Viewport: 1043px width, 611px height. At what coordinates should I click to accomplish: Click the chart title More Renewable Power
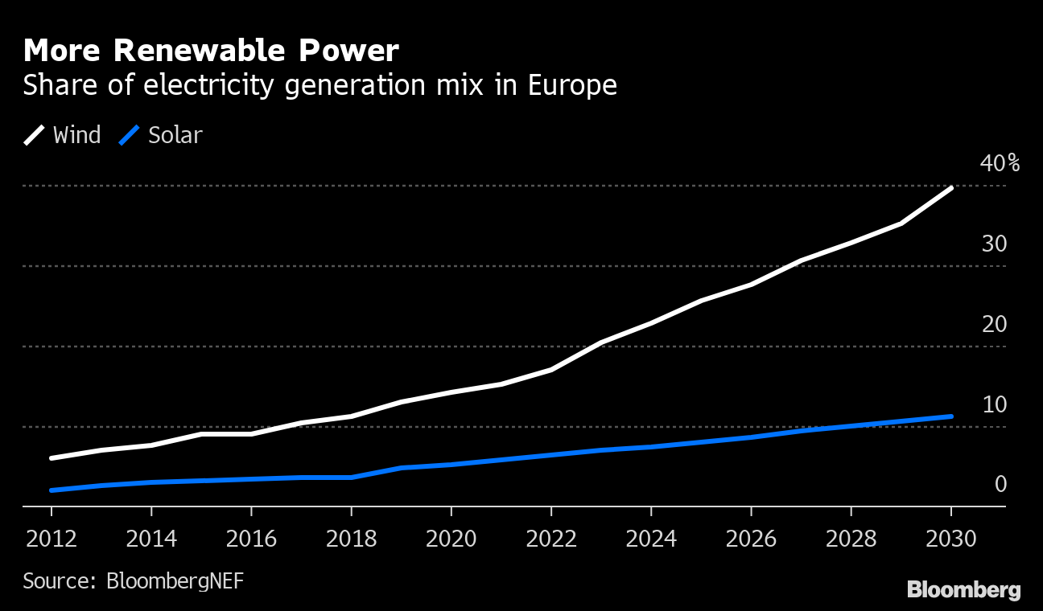point(211,51)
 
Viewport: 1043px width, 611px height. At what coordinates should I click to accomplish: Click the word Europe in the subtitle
point(572,85)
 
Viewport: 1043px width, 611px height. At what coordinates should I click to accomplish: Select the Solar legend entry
point(160,135)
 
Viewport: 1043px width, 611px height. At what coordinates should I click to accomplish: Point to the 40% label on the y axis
point(1000,164)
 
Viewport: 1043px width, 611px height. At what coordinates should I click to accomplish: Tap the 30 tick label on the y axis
point(994,244)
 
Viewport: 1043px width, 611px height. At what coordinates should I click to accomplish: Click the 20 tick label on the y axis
point(994,324)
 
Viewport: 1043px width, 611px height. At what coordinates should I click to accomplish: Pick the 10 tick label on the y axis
point(994,404)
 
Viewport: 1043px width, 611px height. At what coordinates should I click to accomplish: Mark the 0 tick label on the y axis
point(1000,484)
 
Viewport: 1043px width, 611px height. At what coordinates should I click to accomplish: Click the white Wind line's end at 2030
point(951,188)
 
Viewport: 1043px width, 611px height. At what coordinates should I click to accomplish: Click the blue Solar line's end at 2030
point(951,416)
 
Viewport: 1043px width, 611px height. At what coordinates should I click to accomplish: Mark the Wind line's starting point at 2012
point(52,458)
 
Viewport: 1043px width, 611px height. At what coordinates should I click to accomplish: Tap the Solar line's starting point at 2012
point(52,490)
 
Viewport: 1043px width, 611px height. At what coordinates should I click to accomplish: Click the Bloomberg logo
point(963,590)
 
